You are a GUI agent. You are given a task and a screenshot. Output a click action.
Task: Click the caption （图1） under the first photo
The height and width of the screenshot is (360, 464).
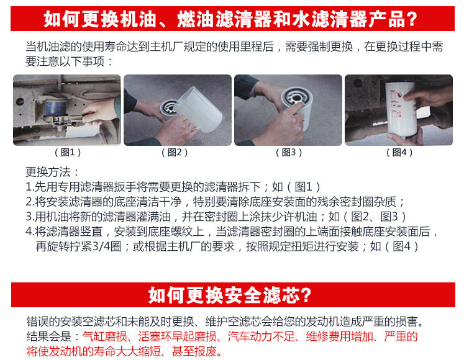tap(68, 152)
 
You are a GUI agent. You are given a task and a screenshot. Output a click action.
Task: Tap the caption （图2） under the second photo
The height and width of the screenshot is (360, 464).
tap(175, 152)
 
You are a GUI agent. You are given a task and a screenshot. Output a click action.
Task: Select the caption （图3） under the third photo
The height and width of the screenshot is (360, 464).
tap(289, 152)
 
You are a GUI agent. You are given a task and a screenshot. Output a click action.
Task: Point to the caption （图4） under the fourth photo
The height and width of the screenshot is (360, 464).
tap(399, 152)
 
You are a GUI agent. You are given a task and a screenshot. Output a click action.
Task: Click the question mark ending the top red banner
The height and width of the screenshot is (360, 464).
tap(411, 19)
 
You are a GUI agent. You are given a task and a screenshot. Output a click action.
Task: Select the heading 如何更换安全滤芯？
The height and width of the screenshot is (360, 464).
tap(230, 295)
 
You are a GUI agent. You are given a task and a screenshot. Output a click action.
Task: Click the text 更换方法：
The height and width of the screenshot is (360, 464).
tap(53, 172)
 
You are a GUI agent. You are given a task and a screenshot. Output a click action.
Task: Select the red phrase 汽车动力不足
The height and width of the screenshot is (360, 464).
tap(261, 336)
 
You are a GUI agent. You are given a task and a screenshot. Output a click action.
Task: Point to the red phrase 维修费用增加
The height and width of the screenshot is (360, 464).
tap(339, 336)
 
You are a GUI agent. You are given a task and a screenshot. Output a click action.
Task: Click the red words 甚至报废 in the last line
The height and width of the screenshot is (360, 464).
tap(194, 351)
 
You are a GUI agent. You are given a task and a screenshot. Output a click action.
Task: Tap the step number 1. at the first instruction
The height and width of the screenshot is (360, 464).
tap(30, 187)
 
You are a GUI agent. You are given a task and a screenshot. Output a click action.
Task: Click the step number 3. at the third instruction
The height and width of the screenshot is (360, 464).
tap(30, 217)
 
